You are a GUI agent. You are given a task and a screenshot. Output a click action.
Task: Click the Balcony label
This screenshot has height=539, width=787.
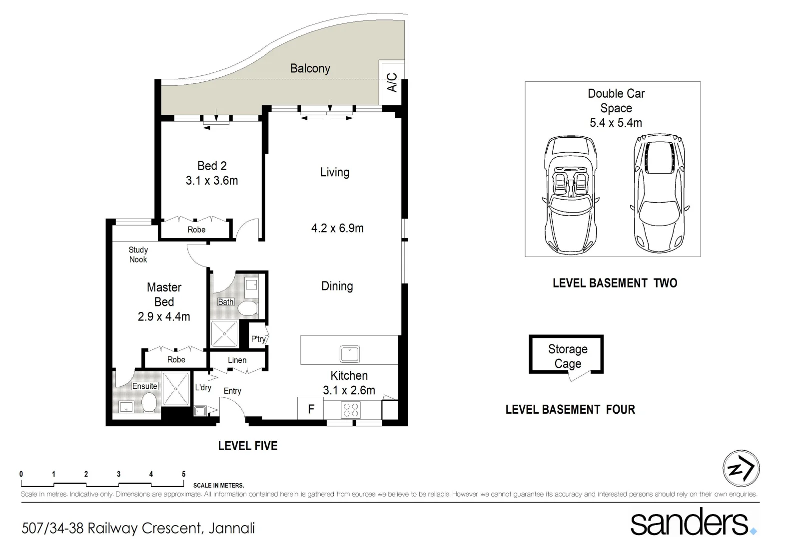[310, 68]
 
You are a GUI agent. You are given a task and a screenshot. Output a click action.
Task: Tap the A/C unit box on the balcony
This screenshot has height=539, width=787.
[392, 83]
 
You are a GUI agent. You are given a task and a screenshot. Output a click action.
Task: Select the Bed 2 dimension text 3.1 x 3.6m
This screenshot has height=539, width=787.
[212, 181]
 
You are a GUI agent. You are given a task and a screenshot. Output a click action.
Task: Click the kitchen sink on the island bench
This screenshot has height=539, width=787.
[350, 354]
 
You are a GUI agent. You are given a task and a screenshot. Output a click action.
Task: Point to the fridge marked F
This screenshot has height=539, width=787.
[311, 409]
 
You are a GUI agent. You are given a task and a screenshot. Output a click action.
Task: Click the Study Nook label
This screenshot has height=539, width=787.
[138, 255]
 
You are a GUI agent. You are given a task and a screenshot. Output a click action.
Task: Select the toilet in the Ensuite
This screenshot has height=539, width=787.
[149, 403]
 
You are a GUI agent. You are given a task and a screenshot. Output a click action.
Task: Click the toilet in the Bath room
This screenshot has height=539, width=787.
[247, 308]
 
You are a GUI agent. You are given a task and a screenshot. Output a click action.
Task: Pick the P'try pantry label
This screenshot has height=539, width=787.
[258, 339]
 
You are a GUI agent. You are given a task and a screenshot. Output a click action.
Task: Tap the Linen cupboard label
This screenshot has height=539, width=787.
[237, 360]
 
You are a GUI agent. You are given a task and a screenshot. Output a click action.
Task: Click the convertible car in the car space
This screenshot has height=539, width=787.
[570, 195]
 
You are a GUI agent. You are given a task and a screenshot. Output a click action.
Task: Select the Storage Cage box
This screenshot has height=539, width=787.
[567, 355]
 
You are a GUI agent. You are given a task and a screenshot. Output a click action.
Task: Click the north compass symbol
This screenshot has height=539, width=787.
[741, 469]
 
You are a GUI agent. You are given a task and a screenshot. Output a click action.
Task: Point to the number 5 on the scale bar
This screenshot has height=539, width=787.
[183, 474]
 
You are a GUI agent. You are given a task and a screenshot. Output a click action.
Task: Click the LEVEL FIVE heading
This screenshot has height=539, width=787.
[248, 446]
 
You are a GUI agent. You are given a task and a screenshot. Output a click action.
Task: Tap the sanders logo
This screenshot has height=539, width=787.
[693, 522]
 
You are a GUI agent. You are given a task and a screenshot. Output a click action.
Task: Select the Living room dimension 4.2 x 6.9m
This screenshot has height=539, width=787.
[337, 229]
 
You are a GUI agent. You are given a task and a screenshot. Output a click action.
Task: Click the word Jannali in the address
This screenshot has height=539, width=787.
[231, 528]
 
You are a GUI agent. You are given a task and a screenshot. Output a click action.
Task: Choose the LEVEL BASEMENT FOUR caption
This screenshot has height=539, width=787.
[570, 410]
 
